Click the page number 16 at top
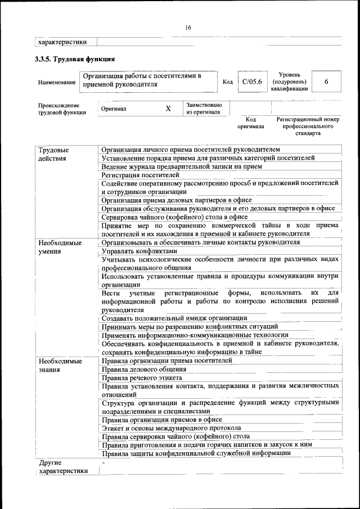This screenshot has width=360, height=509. click(188, 28)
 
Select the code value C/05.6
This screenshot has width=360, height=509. click(249, 82)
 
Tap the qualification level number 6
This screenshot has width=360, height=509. click(326, 82)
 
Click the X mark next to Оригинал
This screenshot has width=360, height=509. click(168, 109)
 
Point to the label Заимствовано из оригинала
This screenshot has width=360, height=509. click(204, 109)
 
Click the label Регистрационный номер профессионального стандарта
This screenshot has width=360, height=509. click(307, 127)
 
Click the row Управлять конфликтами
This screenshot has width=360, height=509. click(139, 251)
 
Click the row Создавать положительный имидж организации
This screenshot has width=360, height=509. click(174, 318)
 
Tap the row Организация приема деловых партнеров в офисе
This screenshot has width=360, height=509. click(177, 200)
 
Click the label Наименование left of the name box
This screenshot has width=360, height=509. click(57, 83)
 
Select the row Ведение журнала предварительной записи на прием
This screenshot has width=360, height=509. click(182, 166)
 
